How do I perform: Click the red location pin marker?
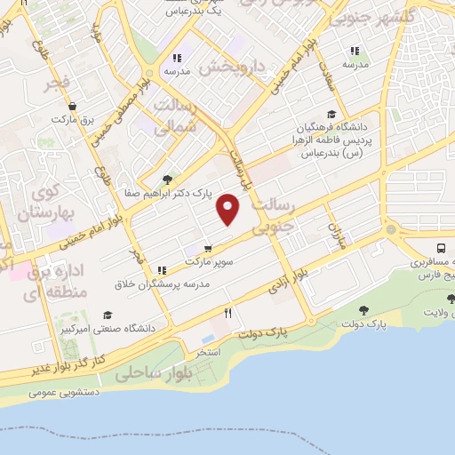[x=228, y=210]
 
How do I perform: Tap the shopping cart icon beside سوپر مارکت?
[x=207, y=248]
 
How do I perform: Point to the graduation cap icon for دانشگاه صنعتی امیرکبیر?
[x=108, y=315]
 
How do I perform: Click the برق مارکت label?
[x=72, y=118]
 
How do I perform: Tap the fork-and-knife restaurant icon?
[x=228, y=313]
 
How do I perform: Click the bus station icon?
[x=442, y=248]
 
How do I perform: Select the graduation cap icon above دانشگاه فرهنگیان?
[x=331, y=114]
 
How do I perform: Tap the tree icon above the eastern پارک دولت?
[x=364, y=310]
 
